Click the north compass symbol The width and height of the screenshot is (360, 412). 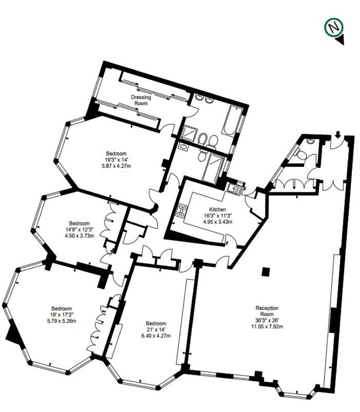point(334,27)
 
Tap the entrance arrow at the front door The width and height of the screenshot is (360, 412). point(338,135)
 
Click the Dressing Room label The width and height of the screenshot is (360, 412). point(141,100)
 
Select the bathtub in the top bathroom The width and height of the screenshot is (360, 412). point(232,120)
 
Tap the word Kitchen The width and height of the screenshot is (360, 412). point(217,209)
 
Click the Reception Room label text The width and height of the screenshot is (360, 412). point(267,311)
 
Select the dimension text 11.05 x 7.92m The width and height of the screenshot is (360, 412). point(267,326)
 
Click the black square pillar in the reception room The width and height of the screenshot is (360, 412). point(266,272)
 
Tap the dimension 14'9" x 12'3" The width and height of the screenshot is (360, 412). point(79,229)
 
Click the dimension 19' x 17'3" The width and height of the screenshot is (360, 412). point(62,315)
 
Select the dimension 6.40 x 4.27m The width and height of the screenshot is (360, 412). point(156,336)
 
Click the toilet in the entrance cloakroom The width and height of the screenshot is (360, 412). point(302,154)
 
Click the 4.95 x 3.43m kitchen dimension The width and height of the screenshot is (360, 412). point(217,221)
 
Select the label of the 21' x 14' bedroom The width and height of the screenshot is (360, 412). point(156,323)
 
